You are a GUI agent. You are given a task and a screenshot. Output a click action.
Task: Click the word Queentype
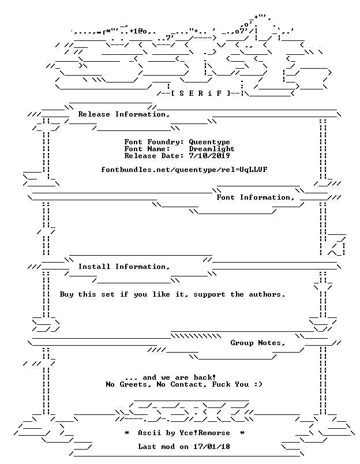click(209, 143)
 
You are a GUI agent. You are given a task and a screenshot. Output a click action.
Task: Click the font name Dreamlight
click(212, 149)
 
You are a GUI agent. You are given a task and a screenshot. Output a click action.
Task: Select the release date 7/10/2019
click(209, 156)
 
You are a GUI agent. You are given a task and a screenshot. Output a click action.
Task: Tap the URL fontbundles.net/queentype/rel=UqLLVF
click(184, 170)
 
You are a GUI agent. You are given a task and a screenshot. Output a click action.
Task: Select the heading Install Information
click(124, 267)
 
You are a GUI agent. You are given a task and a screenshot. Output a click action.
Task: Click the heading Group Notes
click(258, 343)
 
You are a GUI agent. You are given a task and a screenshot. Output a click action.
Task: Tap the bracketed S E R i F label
click(200, 93)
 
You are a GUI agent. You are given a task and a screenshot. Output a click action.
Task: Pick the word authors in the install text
click(267, 294)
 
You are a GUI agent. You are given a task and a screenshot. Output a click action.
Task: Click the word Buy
click(66, 294)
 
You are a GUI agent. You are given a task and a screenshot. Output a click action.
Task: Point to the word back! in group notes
click(205, 377)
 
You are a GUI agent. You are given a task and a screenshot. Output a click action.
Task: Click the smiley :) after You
click(258, 384)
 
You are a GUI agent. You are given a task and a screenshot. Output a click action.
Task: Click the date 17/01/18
click(212, 447)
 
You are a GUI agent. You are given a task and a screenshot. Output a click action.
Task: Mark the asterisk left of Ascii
click(127, 433)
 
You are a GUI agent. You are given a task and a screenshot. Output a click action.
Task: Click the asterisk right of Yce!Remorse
click(242, 433)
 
